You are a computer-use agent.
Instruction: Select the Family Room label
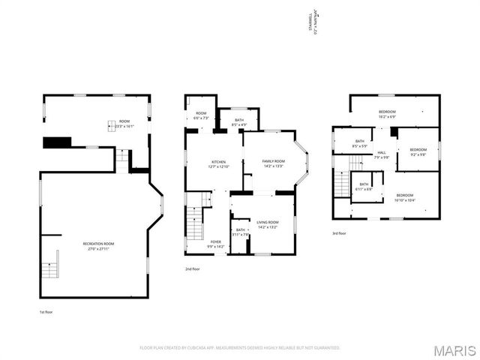[273, 163]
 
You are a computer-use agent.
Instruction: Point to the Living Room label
[268, 224]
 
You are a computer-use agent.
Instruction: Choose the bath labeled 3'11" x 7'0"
[241, 232]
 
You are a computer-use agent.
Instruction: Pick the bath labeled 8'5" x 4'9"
[238, 121]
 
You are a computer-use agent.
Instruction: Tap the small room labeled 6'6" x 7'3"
[201, 116]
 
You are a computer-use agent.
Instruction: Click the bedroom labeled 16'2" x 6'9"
[387, 114]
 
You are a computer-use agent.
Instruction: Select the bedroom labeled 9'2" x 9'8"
[418, 151]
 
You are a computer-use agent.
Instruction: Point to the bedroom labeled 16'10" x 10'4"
[405, 197]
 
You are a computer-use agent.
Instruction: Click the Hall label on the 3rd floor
[382, 154]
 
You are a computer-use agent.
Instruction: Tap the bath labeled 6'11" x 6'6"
[364, 186]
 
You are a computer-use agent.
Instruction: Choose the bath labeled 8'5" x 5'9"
[360, 143]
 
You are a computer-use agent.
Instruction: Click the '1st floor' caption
[46, 311]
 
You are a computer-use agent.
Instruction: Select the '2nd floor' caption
[193, 268]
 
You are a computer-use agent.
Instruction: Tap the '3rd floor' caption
[340, 233]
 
